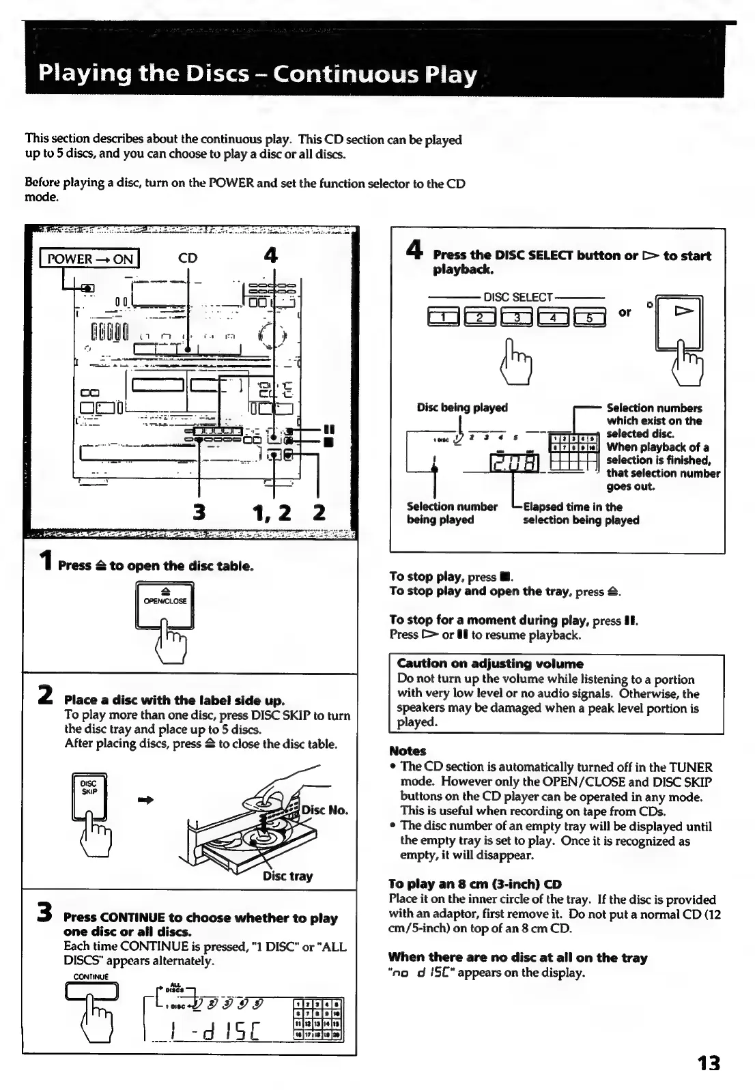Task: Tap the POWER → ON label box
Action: pyautogui.click(x=89, y=259)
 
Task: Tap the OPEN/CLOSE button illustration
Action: pyautogui.click(x=165, y=603)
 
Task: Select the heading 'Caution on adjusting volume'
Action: pyautogui.click(x=490, y=663)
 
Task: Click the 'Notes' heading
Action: pyautogui.click(x=408, y=751)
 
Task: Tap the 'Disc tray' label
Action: pyautogui.click(x=287, y=876)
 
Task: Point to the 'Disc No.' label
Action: pyautogui.click(x=325, y=810)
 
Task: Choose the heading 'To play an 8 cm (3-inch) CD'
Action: pyautogui.click(x=475, y=884)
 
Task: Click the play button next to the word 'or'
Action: pyautogui.click(x=679, y=322)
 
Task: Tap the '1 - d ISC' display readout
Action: pyautogui.click(x=213, y=1032)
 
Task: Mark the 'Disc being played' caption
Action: pyautogui.click(x=462, y=407)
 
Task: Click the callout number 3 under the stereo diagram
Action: pyautogui.click(x=199, y=512)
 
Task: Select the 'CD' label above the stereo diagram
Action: pyautogui.click(x=188, y=258)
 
